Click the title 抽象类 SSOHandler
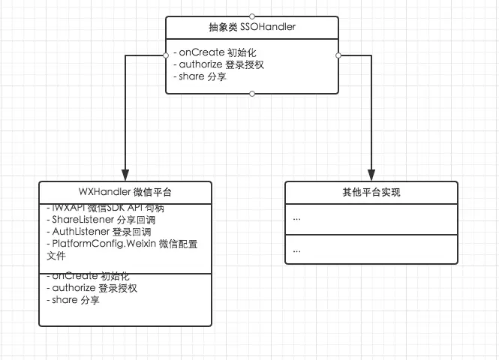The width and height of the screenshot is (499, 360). pos(252,28)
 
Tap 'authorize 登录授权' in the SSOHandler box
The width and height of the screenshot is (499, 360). pos(218,64)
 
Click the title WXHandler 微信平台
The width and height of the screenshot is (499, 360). pos(125,191)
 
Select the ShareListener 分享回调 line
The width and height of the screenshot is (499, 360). pos(104,220)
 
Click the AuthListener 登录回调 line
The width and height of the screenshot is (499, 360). pos(102,232)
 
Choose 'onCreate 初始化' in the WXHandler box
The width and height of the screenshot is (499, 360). pos(84,276)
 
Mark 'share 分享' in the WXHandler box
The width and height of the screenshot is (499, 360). pos(72,300)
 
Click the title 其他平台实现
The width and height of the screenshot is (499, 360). pos(371,192)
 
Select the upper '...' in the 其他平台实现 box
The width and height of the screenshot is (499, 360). pos(297,218)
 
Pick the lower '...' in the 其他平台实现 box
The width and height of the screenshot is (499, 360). pos(297,249)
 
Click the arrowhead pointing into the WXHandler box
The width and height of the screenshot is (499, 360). pos(125,174)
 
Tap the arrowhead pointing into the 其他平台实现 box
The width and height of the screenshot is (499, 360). pos(371,174)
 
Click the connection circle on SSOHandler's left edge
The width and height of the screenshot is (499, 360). pos(167,55)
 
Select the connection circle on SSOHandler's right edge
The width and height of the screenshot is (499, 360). pos(338,55)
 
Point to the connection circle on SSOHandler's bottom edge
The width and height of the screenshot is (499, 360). pos(252,94)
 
